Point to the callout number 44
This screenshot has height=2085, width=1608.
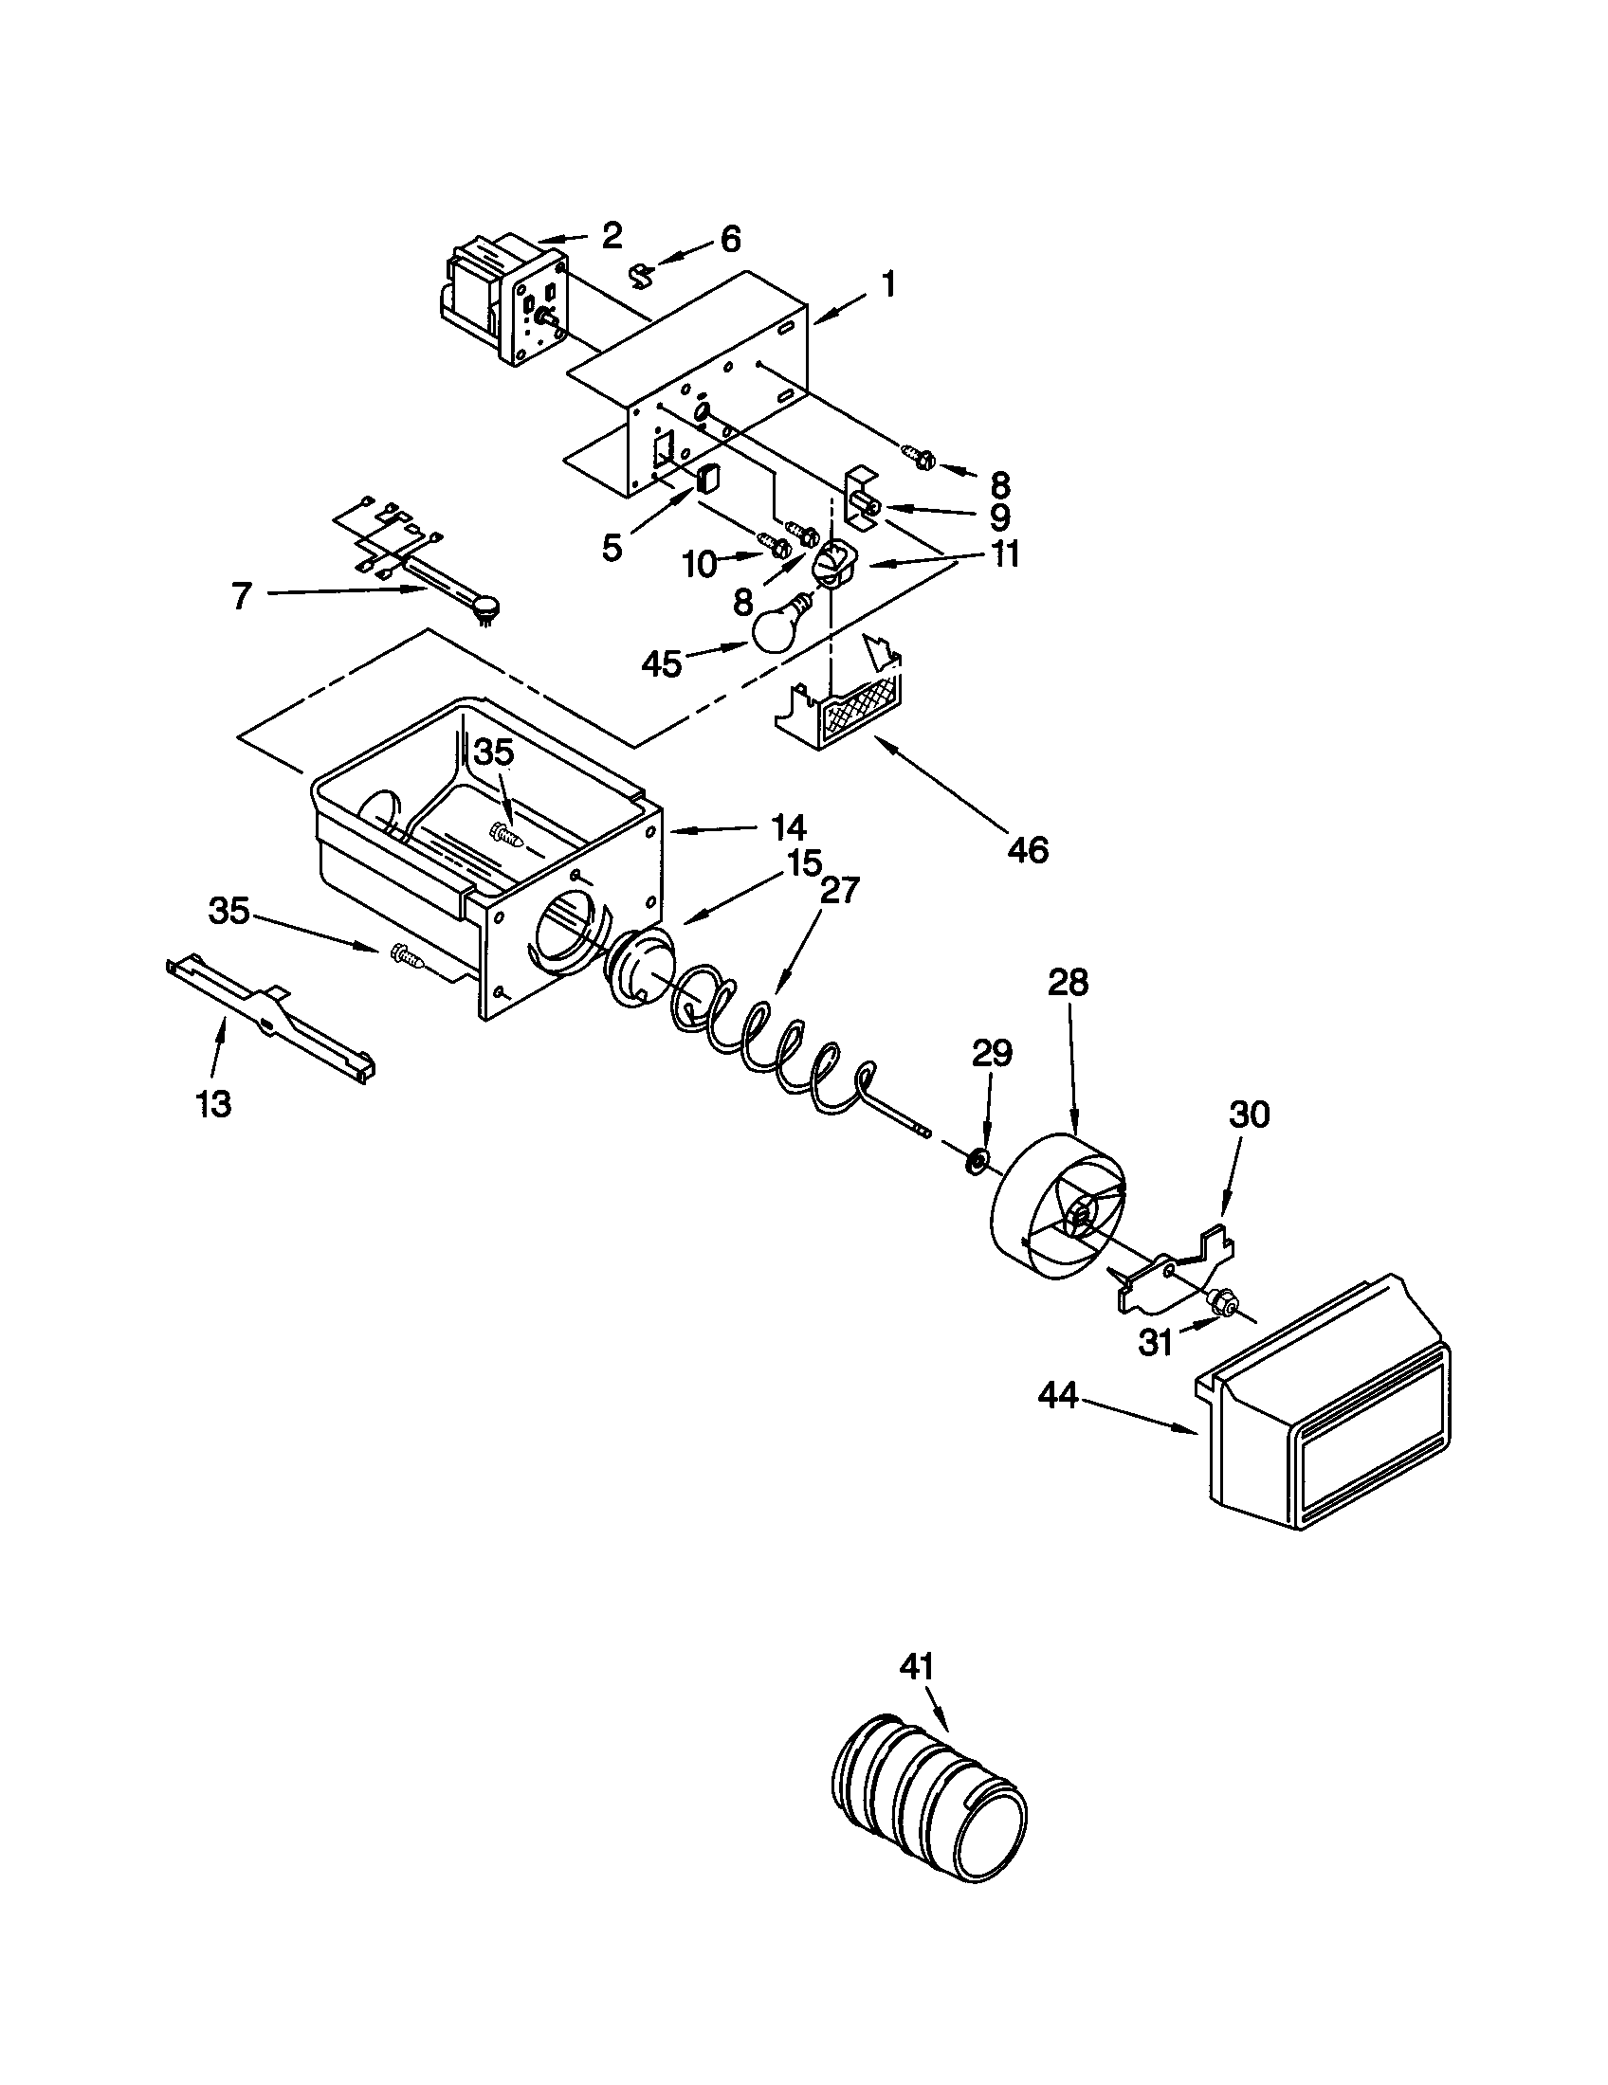[x=1058, y=1396]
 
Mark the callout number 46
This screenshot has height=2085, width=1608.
[x=1028, y=849]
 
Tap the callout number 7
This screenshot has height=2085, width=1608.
[x=241, y=597]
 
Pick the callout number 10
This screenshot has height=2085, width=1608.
[x=699, y=564]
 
